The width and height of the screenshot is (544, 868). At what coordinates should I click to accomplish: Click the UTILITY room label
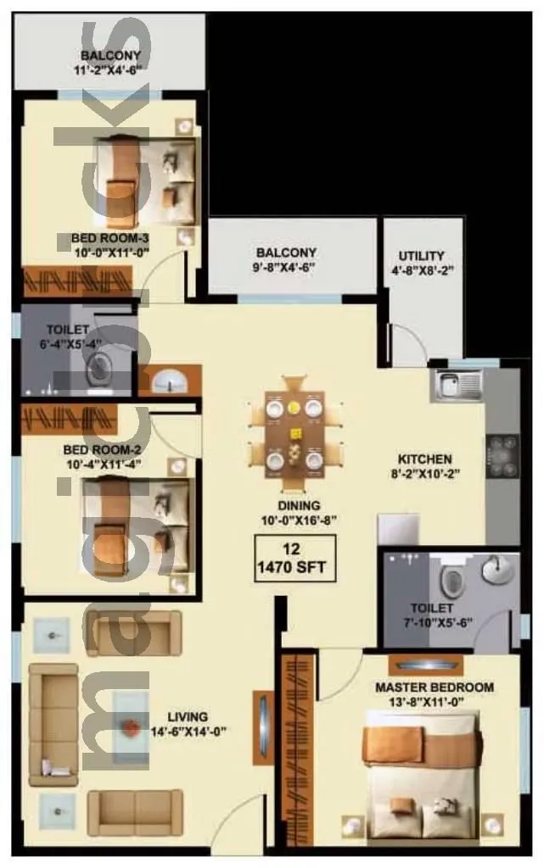pos(422,256)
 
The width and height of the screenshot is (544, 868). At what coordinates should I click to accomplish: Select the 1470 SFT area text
pos(294,567)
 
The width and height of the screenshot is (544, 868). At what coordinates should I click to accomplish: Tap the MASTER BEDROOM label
pos(434,687)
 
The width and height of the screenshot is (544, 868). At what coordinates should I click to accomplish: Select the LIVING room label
pos(188,716)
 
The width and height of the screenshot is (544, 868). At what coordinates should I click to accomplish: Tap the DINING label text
pos(293,507)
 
